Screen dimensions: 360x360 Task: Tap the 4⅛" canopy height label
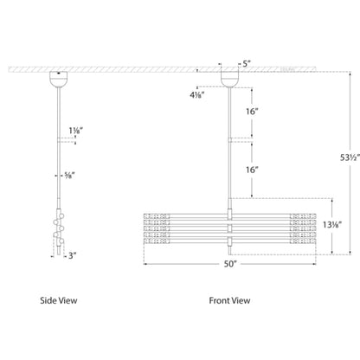197,94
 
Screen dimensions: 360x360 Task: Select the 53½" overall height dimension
350,157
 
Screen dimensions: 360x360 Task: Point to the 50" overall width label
230,264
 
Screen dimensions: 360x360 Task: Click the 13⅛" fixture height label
332,224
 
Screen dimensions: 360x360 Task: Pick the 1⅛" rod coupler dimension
76,131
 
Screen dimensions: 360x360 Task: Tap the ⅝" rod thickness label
70,175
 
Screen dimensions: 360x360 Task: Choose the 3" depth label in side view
72,255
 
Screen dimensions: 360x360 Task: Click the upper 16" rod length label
252,112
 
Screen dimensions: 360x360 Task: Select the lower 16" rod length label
252,170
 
